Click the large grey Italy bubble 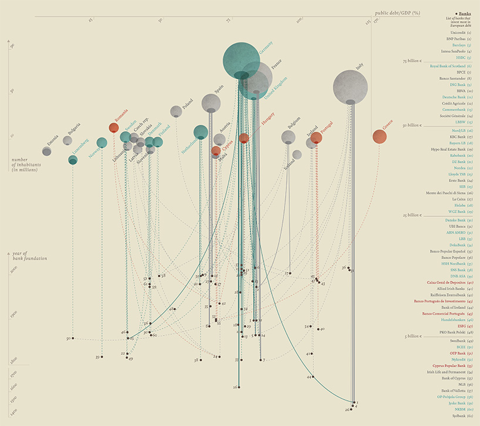point(351,86)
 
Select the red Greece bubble point(380,137)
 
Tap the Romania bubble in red point(114,128)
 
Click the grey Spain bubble point(211,103)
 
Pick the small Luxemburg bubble point(73,160)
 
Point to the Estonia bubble point(47,152)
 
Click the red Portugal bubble point(316,137)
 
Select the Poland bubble point(176,111)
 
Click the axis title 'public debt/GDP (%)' point(400,12)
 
